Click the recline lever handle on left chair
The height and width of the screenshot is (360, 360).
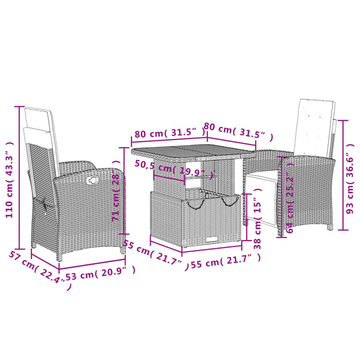coord(93,180)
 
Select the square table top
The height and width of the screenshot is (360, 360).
coord(193,153)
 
